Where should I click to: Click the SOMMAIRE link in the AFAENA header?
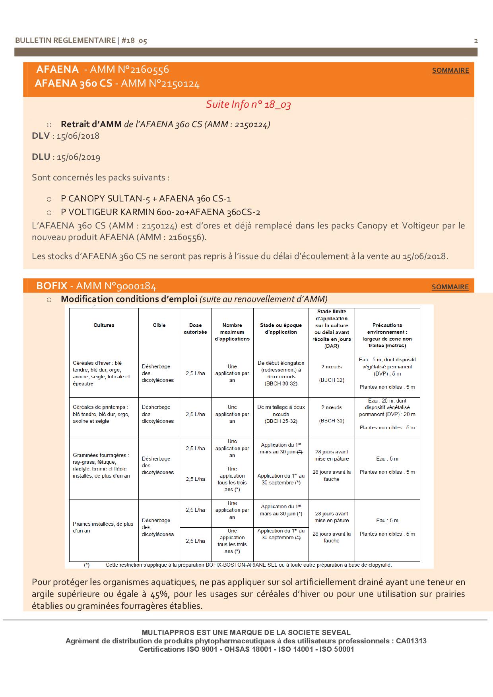450,70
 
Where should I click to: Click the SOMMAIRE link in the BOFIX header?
450,287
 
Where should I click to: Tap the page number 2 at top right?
476,41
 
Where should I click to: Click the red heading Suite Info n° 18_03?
248,105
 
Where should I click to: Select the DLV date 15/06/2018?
78,136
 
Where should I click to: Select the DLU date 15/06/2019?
78,157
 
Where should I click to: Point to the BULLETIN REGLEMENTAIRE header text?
65,41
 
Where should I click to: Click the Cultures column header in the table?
104,325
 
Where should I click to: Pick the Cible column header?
159,325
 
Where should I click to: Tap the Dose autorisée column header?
195,329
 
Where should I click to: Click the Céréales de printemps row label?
101,414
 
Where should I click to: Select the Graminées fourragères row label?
101,465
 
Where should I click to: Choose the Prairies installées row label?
103,527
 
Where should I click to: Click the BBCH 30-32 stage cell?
281,384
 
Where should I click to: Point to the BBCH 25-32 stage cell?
281,421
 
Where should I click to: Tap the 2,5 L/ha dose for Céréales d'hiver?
195,374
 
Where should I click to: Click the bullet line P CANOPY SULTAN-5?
146,199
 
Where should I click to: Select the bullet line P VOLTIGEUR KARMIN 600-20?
160,212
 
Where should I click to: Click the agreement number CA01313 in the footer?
411,641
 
